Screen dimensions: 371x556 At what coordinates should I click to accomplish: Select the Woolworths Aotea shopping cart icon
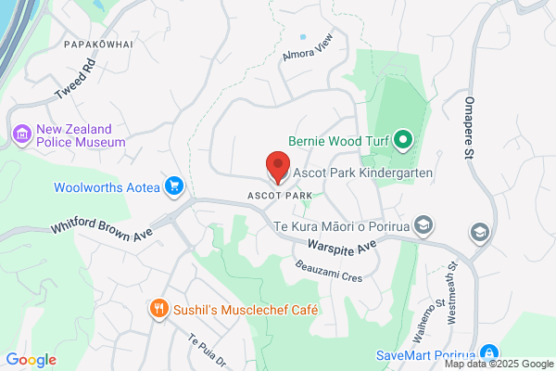pyautogui.click(x=172, y=186)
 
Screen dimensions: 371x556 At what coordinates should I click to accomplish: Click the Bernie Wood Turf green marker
pyautogui.click(x=403, y=141)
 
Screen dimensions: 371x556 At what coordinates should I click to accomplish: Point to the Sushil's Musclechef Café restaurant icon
pyautogui.click(x=159, y=309)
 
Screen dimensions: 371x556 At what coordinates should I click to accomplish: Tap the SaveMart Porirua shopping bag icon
pyautogui.click(x=490, y=354)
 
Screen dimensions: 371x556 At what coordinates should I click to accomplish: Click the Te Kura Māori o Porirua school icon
pyautogui.click(x=423, y=225)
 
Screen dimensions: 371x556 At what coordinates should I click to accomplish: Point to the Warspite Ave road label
pyautogui.click(x=342, y=245)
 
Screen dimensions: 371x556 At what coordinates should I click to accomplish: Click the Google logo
pyautogui.click(x=31, y=360)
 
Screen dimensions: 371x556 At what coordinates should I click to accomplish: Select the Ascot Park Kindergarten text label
pyautogui.click(x=364, y=173)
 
